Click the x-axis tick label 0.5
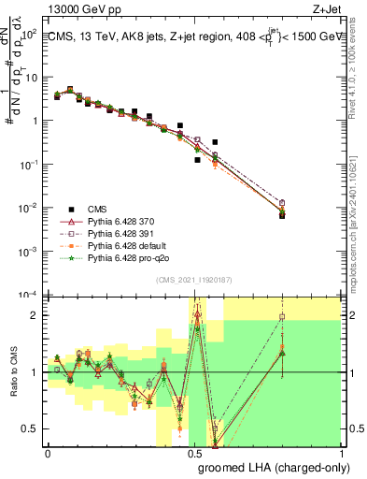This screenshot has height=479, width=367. pyautogui.click(x=194, y=453)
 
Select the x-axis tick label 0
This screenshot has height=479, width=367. pyautogui.click(x=48, y=453)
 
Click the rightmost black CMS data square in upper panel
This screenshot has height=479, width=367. pyautogui.click(x=282, y=214)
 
